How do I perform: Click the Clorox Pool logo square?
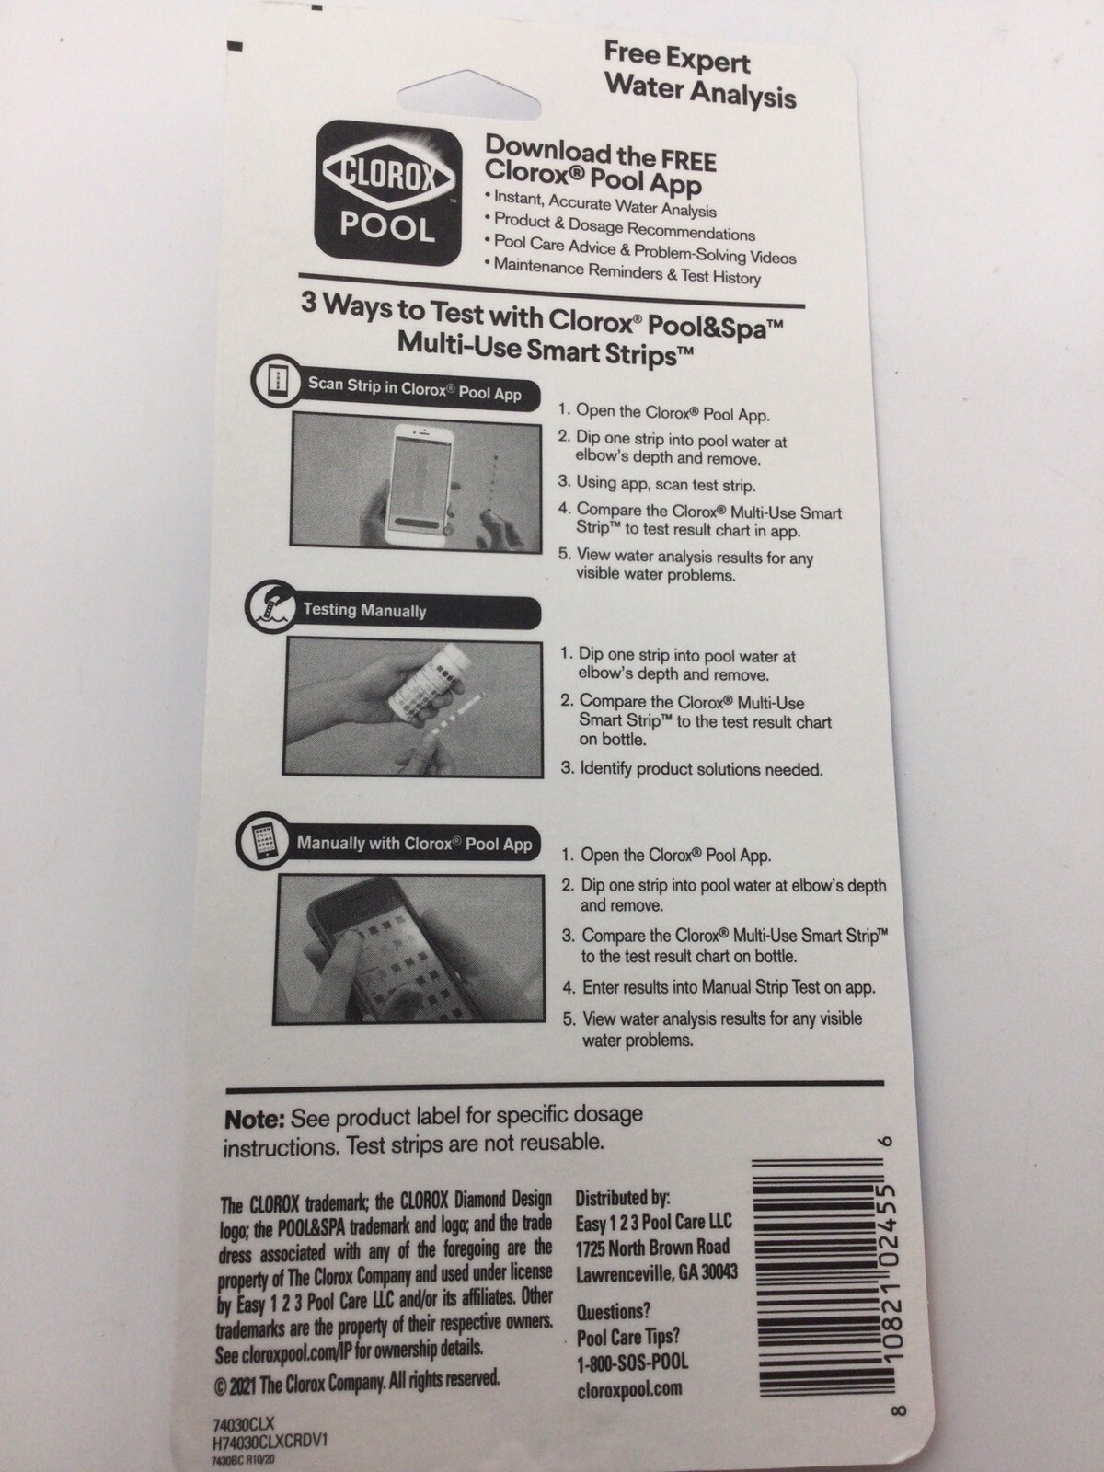(387, 193)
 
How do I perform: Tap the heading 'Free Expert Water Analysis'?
(699, 75)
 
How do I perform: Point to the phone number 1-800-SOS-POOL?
(631, 1363)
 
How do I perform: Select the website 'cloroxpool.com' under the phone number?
(629, 1388)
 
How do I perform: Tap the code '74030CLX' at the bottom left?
(244, 1423)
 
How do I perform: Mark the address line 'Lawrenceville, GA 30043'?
(656, 1274)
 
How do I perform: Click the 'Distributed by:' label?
(623, 1198)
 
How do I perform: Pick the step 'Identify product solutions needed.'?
(701, 769)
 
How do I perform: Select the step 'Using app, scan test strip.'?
(665, 484)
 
